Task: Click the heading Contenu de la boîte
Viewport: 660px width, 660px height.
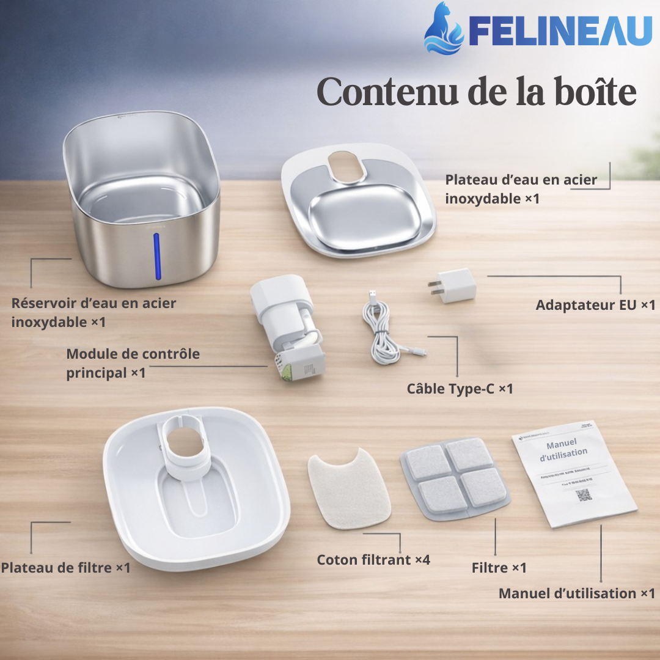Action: point(477,93)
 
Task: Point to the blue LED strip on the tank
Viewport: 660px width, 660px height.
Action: point(157,256)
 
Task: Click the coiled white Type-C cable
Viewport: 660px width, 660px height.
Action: point(382,333)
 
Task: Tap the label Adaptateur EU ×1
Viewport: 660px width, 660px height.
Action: point(595,305)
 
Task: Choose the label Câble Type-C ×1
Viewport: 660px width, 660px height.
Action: point(460,389)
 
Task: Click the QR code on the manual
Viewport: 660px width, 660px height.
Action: point(584,495)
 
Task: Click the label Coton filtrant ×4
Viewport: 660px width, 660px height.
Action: point(373,560)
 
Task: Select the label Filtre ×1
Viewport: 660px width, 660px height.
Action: point(499,568)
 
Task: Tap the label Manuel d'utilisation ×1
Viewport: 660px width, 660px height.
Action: point(576,593)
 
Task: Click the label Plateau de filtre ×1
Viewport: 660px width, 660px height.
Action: point(65,568)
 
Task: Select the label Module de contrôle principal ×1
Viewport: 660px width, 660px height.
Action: point(133,363)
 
